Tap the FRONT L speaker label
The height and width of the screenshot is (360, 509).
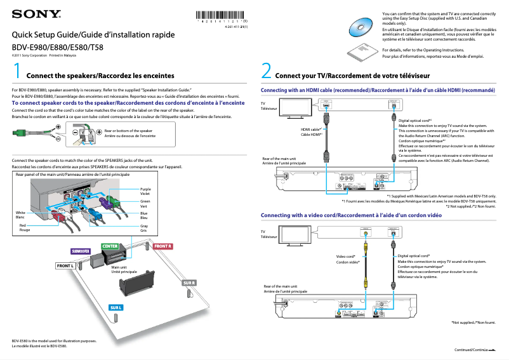pos(65,265)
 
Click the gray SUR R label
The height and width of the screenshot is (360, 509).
pos(190,282)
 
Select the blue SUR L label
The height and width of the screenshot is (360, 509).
pos(116,307)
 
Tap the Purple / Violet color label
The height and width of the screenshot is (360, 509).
pos(145,191)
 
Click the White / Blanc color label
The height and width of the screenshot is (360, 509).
pos(20,215)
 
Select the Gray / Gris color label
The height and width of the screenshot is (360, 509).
pos(144,228)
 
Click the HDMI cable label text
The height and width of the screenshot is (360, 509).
pos(312,132)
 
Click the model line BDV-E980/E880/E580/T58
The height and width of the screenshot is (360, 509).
pos(58,47)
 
